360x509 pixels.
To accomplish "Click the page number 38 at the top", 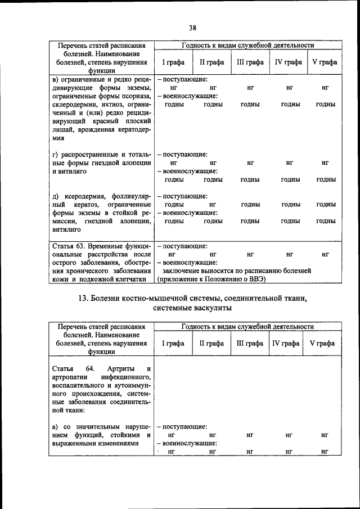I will coord(192,26).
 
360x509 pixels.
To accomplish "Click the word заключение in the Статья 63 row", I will coord(190,271).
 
